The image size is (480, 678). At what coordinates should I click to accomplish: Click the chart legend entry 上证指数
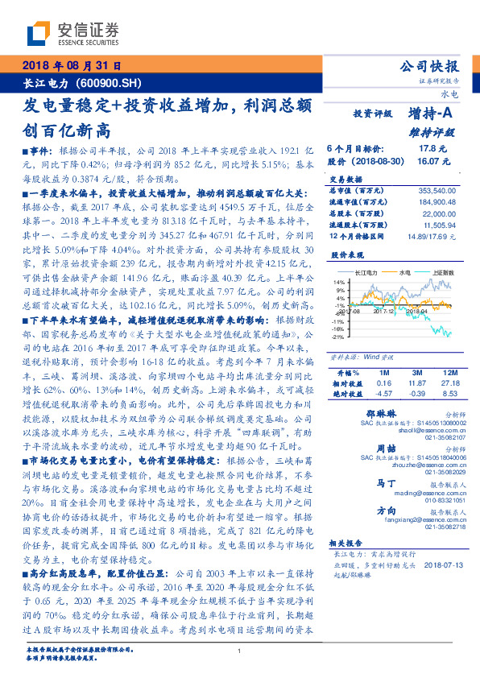coord(445,274)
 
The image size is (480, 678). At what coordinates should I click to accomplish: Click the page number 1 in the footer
coord(240,651)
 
